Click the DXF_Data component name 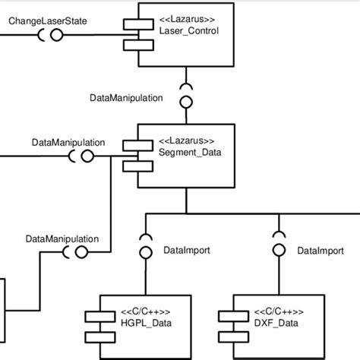tap(276, 324)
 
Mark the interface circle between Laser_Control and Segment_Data tap(186, 100)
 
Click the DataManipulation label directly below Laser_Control tap(125, 98)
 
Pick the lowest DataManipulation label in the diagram tap(62, 238)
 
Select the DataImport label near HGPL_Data tap(187, 250)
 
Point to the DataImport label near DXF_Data tap(319, 250)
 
